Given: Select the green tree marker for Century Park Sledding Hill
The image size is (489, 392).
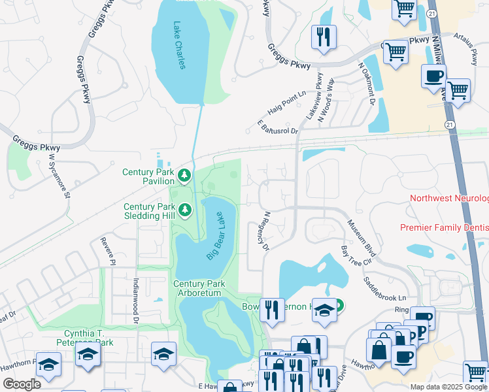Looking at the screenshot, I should [x=185, y=210].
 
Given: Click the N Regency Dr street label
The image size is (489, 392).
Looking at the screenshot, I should [x=265, y=231].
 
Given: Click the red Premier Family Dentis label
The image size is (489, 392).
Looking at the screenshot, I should [x=444, y=227].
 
